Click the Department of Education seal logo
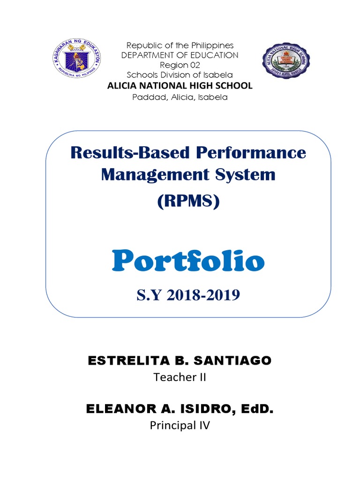[77, 60]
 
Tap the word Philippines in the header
[212, 45]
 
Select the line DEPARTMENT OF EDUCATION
[180, 55]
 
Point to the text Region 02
[180, 65]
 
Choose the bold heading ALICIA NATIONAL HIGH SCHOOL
[180, 86]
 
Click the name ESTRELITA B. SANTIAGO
[180, 361]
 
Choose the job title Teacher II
[180, 377]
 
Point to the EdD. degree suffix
[257, 409]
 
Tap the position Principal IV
[180, 426]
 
